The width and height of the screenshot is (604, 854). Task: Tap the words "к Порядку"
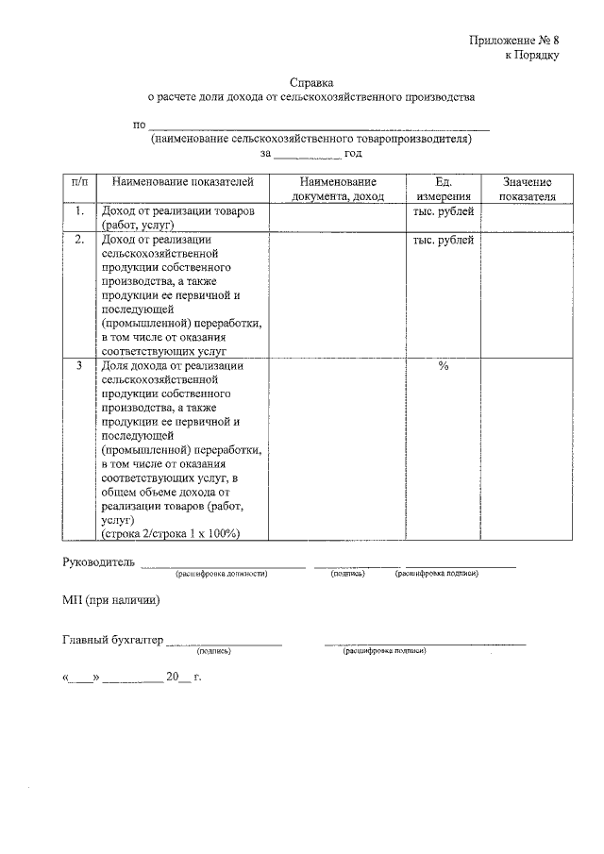coord(532,55)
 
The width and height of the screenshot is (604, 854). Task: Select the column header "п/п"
coord(80,182)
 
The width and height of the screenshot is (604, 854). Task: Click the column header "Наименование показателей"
coord(177,182)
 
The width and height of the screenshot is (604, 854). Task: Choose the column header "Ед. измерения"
coord(443,189)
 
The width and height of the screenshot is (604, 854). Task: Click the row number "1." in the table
coord(80,211)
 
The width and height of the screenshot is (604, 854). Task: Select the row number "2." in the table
coord(80,240)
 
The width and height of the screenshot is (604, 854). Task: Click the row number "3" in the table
coord(80,366)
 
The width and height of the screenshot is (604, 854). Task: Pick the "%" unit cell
coord(443,366)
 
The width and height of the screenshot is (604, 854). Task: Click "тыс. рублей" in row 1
coord(443,211)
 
